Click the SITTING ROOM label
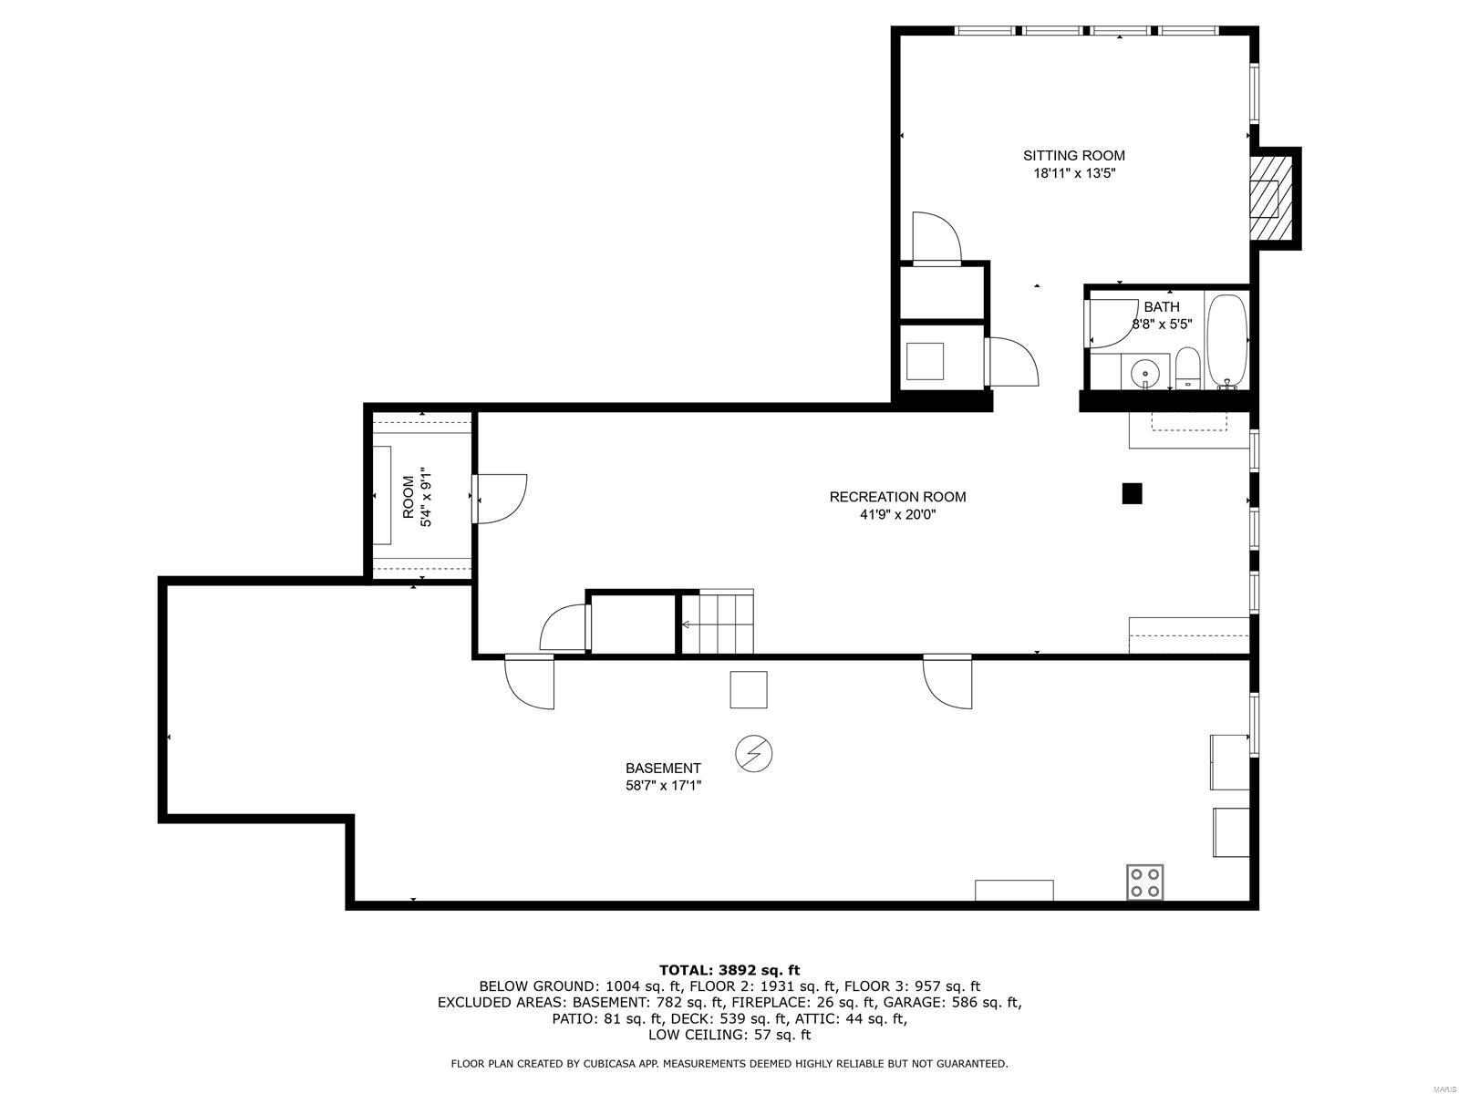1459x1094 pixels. [1073, 156]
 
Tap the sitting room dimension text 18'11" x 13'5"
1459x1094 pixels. [1073, 173]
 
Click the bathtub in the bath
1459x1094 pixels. [1226, 339]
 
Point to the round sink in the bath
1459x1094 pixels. [1144, 372]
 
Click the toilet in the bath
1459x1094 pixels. [1187, 367]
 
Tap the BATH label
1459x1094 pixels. [1161, 307]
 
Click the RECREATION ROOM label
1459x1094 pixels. [897, 497]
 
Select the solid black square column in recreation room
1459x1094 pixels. [1132, 493]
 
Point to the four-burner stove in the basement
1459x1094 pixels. [1144, 882]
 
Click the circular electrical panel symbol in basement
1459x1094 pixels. [754, 753]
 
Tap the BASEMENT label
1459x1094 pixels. [663, 769]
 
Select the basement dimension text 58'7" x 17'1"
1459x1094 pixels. [663, 785]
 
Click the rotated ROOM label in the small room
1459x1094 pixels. [408, 497]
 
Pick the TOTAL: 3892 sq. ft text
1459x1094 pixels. [729, 970]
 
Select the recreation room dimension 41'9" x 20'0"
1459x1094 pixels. [897, 514]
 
